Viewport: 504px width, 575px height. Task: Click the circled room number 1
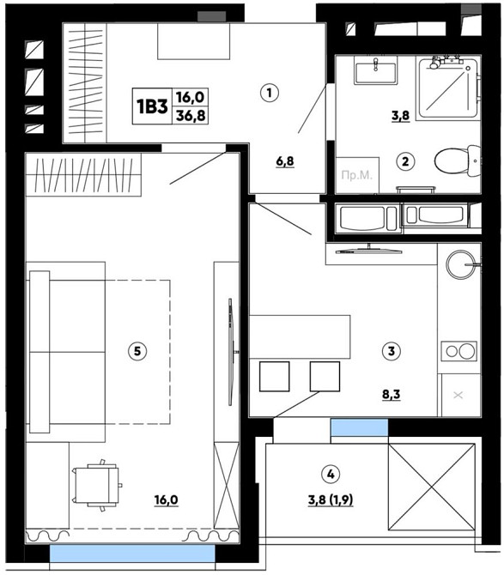pyautogui.click(x=270, y=93)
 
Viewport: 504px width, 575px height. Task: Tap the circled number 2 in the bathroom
pyautogui.click(x=405, y=161)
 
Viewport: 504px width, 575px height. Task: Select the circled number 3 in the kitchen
pyautogui.click(x=391, y=351)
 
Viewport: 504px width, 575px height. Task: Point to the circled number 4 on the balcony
pyautogui.click(x=331, y=474)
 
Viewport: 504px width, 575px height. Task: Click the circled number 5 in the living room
pyautogui.click(x=137, y=351)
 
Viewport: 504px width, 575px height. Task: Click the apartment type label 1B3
pyautogui.click(x=152, y=106)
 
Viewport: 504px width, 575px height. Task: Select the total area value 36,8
pyautogui.click(x=191, y=116)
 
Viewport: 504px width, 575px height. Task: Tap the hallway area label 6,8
pyautogui.click(x=285, y=161)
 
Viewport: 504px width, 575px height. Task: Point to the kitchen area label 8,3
pyautogui.click(x=391, y=394)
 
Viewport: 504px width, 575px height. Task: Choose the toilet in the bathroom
pyautogui.click(x=457, y=161)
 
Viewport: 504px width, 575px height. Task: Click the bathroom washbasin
pyautogui.click(x=375, y=70)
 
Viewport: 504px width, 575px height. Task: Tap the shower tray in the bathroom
pyautogui.click(x=448, y=88)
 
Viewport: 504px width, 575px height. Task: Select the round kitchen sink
pyautogui.click(x=460, y=264)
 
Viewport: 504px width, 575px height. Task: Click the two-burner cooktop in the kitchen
pyautogui.click(x=458, y=351)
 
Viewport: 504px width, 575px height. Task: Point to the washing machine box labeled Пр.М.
pyautogui.click(x=357, y=175)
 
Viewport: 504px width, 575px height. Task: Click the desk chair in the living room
pyautogui.click(x=97, y=485)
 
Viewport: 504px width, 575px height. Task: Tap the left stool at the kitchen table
pyautogui.click(x=275, y=376)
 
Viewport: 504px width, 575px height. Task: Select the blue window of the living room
pyautogui.click(x=132, y=554)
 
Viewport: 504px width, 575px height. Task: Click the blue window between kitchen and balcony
pyautogui.click(x=360, y=427)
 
